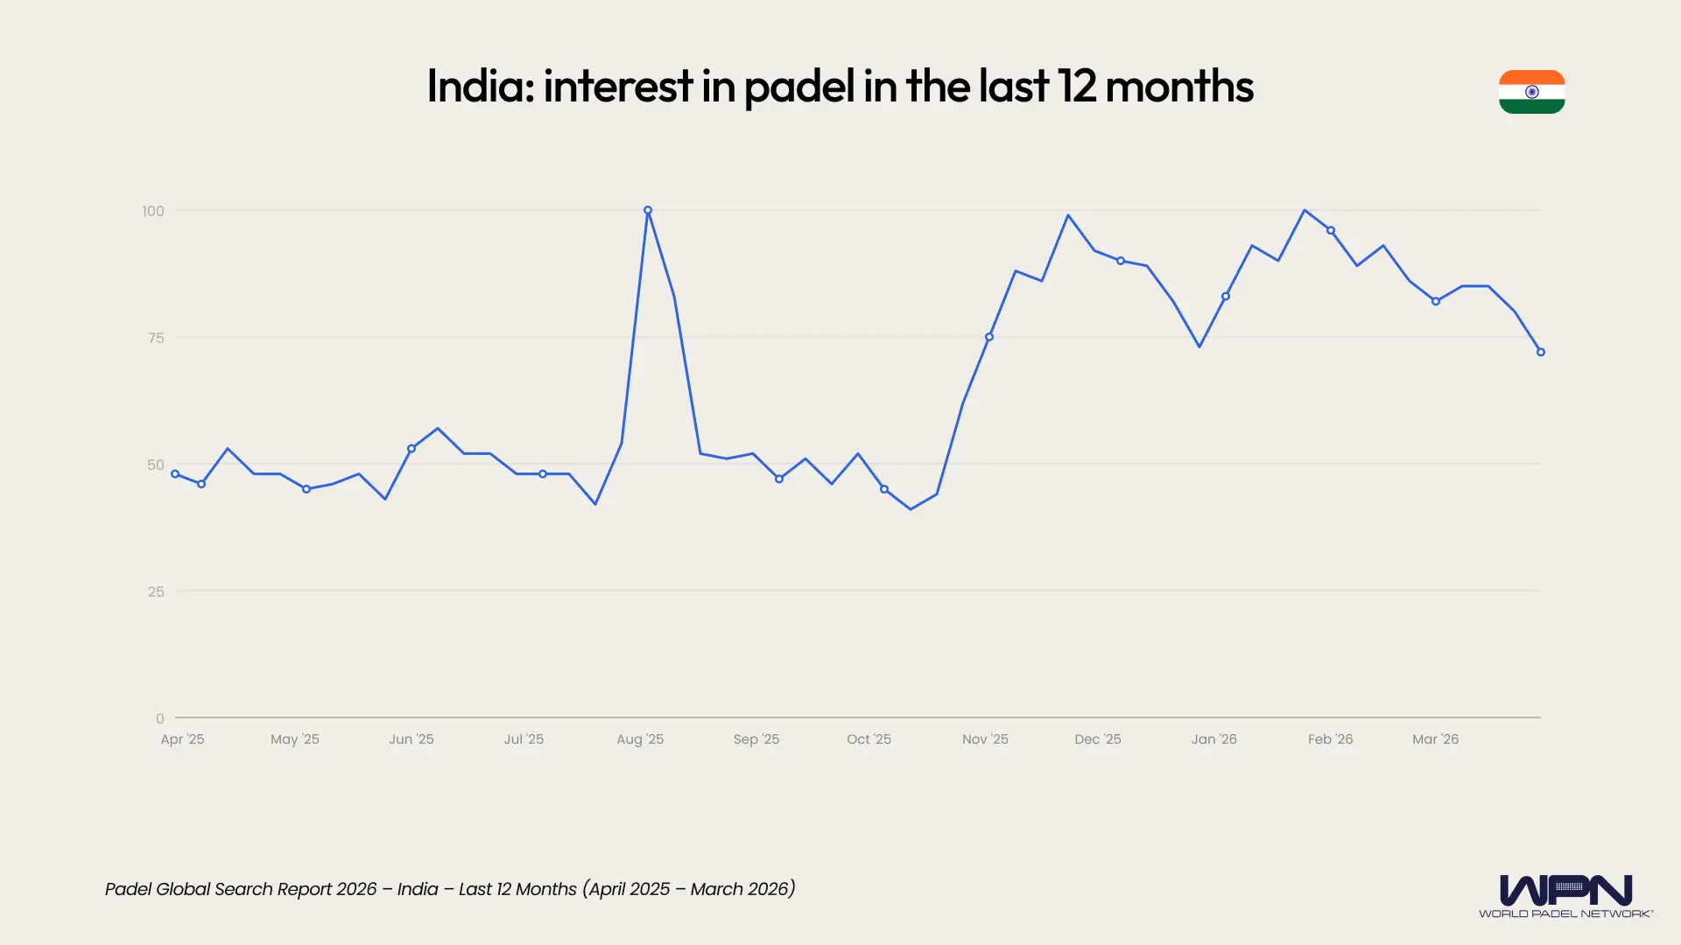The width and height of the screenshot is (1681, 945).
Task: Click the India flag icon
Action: pyautogui.click(x=1531, y=92)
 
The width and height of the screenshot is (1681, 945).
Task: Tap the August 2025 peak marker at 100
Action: pyautogui.click(x=648, y=210)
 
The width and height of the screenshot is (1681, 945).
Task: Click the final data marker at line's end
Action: pyautogui.click(x=1541, y=352)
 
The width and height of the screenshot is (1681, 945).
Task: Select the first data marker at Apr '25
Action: pyautogui.click(x=175, y=474)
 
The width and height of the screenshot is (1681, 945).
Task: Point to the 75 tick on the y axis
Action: pyautogui.click(x=156, y=338)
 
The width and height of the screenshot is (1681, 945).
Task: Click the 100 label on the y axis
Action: pyautogui.click(x=153, y=211)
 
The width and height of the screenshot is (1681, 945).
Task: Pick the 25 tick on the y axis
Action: pyautogui.click(x=156, y=591)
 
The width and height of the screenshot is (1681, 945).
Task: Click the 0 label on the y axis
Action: pyautogui.click(x=159, y=718)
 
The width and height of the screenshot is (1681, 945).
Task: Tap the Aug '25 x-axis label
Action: pyautogui.click(x=640, y=739)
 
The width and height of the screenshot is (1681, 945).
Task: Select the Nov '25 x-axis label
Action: pyautogui.click(x=985, y=739)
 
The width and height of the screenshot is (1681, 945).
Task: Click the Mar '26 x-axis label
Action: pyautogui.click(x=1435, y=739)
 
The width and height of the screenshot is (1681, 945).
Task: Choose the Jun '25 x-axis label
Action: pyautogui.click(x=411, y=739)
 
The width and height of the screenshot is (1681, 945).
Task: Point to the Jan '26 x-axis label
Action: pyautogui.click(x=1213, y=739)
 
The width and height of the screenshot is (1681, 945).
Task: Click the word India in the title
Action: pyautogui.click(x=479, y=87)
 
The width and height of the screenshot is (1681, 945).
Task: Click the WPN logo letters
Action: pyautogui.click(x=1565, y=890)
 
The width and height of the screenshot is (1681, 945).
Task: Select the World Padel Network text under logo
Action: pyautogui.click(x=1565, y=913)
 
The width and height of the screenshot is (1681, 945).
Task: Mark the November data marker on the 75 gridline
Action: pyautogui.click(x=989, y=337)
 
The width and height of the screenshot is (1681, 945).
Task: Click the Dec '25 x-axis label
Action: pyautogui.click(x=1097, y=739)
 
